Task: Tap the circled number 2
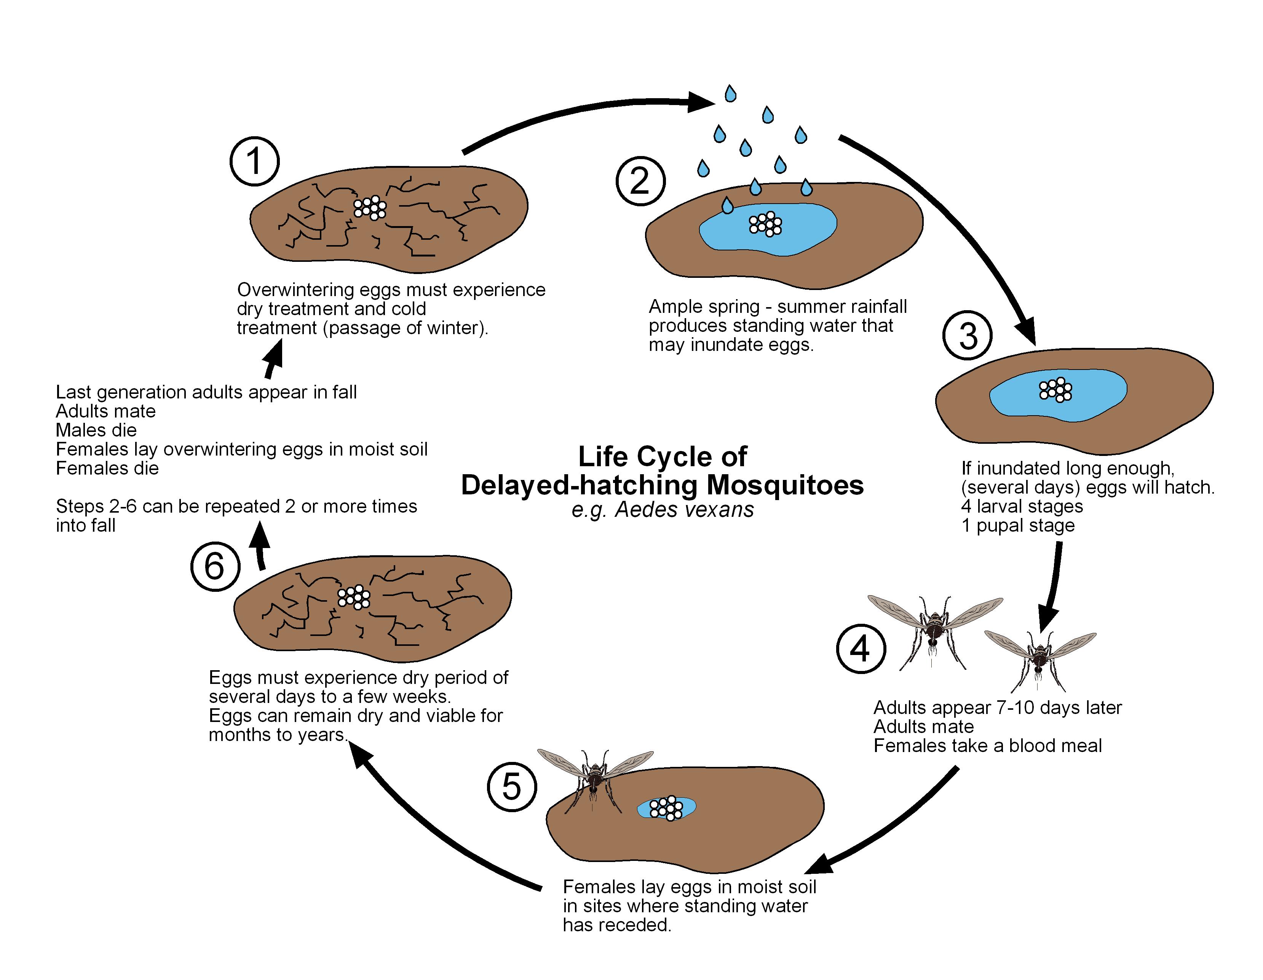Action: click(640, 181)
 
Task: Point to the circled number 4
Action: click(861, 649)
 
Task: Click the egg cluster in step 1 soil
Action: click(370, 207)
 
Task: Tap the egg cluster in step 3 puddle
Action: click(1055, 390)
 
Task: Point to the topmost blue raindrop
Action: click(730, 94)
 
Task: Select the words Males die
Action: click(96, 430)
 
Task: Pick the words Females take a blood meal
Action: click(987, 746)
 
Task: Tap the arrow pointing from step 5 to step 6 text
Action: click(439, 827)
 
